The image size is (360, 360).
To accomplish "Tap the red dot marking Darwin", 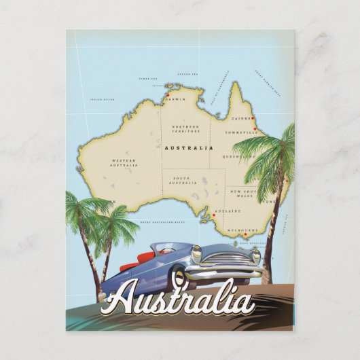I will click(x=166, y=95).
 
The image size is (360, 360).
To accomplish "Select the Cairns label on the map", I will click(x=241, y=118).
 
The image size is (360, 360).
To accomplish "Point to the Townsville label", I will click(x=242, y=132).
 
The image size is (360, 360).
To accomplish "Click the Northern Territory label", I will click(x=185, y=128).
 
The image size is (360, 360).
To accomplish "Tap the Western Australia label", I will click(x=124, y=162).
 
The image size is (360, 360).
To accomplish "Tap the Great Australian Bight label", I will click(x=161, y=221).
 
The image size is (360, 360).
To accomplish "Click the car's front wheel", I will click(x=180, y=276).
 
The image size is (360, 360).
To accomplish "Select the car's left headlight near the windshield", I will click(x=197, y=253).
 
